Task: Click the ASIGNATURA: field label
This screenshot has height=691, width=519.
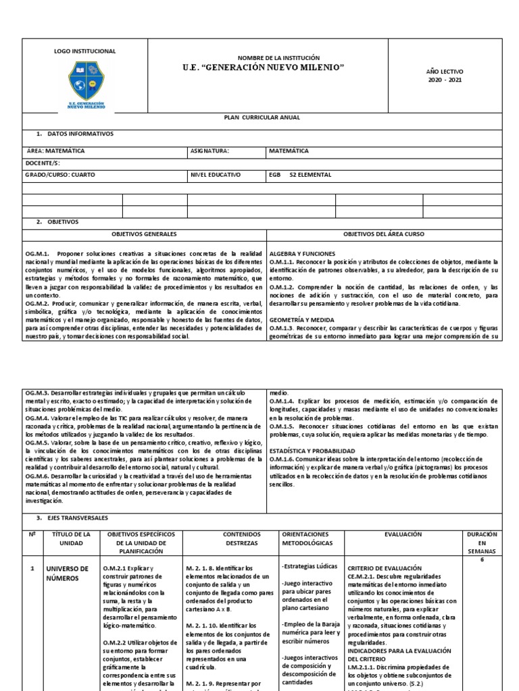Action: click(210, 152)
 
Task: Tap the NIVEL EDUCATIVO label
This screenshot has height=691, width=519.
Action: click(216, 174)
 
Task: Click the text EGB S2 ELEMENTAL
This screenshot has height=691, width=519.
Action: click(300, 174)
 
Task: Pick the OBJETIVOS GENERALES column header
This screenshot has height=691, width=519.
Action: click(145, 233)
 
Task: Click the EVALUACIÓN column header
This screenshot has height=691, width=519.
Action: click(403, 533)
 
